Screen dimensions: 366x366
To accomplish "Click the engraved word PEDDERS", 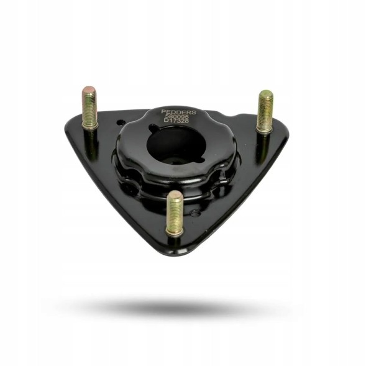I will click(x=178, y=112).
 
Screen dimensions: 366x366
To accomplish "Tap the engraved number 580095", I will click(x=178, y=116).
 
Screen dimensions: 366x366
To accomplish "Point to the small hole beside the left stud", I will click(x=119, y=123).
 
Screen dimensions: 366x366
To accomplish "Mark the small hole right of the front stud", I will click(x=196, y=213).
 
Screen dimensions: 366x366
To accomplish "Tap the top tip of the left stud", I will click(x=89, y=89).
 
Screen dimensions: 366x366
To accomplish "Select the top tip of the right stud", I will click(x=266, y=94).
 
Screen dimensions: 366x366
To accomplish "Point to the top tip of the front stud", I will click(x=175, y=194).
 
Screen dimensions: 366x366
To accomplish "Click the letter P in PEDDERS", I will click(x=163, y=112).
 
